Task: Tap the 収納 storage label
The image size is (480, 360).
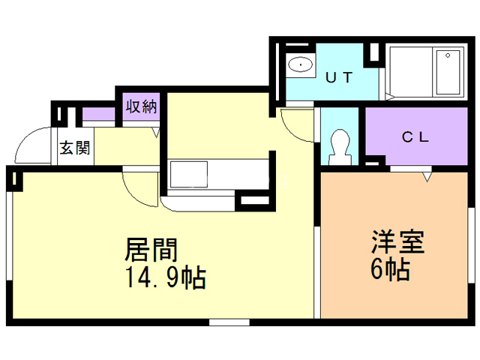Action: [x=140, y=106]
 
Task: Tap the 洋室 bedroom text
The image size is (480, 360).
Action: [x=397, y=241]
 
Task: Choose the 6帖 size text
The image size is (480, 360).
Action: [x=389, y=268]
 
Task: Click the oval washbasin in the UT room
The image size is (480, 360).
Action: [x=301, y=64]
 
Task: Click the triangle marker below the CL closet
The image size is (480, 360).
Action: [x=428, y=178]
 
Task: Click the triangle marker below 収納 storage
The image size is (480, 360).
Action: [x=156, y=132]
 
